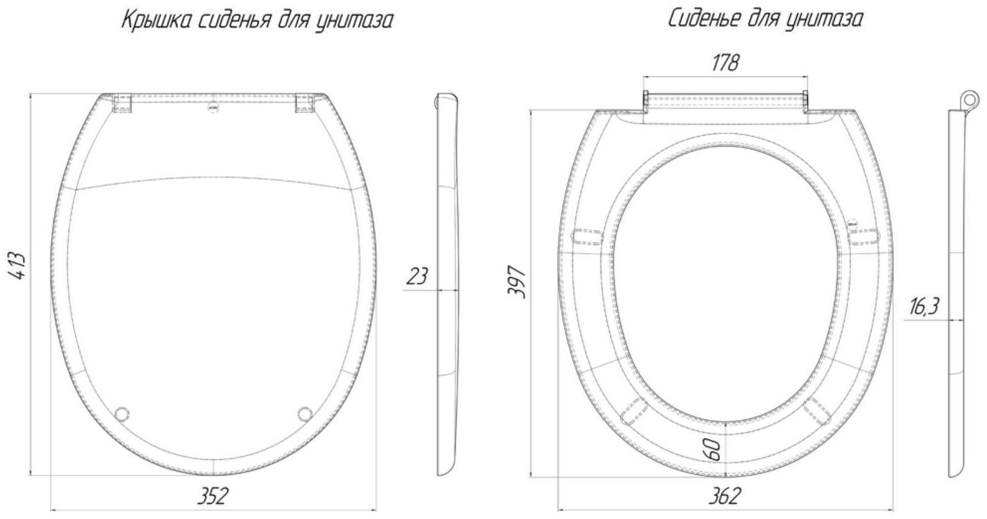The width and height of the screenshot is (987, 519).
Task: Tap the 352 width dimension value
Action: pyautogui.click(x=213, y=496)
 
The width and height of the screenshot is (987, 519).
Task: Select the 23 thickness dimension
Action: pyautogui.click(x=416, y=276)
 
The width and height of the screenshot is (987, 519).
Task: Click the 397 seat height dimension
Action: pyautogui.click(x=517, y=282)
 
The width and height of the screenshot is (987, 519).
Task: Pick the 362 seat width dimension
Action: pyautogui.click(x=725, y=496)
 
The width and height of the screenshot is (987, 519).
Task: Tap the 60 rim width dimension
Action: pyautogui.click(x=714, y=449)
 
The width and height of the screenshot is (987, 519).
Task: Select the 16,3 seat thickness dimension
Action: pyautogui.click(x=924, y=306)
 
